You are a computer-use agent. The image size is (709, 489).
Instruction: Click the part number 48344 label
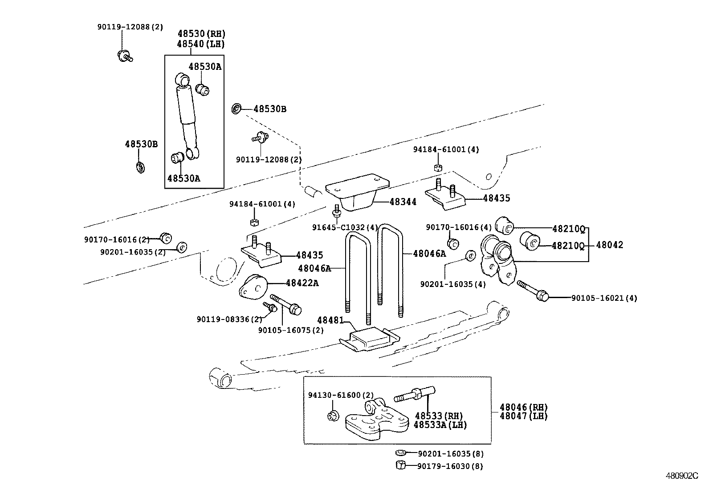[x=403, y=202]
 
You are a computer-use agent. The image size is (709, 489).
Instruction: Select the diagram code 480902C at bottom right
[x=682, y=476]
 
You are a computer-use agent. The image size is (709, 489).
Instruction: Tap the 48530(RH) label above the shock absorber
[x=201, y=34]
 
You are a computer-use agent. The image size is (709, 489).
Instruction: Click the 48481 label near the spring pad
[x=330, y=320]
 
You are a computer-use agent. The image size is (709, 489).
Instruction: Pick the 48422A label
[x=302, y=283]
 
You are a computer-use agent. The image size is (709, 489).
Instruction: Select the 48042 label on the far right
[x=609, y=245]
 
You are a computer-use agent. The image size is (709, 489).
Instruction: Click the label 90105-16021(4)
[x=604, y=298]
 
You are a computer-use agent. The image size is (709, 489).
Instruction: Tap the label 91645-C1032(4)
[x=345, y=227]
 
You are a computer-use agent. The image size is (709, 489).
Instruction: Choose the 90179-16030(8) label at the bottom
[x=450, y=466]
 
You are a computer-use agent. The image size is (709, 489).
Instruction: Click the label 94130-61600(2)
[x=341, y=395]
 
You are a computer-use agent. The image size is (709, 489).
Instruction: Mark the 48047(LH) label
[x=523, y=416]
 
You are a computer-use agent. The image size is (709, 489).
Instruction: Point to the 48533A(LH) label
[x=440, y=425]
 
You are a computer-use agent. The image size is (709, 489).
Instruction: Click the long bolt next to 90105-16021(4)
[x=533, y=290]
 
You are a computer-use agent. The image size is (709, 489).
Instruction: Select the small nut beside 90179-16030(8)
[x=399, y=465]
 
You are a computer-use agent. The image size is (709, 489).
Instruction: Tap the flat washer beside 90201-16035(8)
[x=400, y=453]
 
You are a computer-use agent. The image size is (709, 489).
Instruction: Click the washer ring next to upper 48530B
[x=237, y=109]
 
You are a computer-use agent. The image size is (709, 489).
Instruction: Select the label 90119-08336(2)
[x=229, y=319]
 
